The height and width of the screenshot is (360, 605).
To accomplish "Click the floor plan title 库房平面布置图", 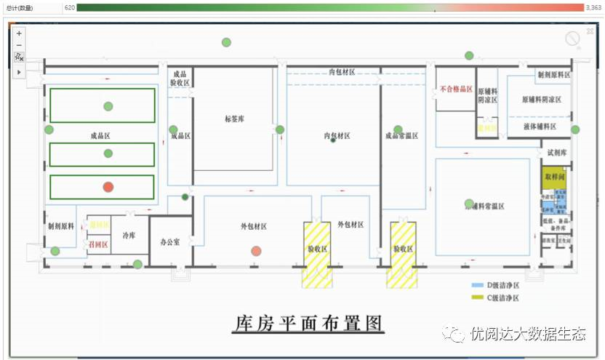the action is point(308,323).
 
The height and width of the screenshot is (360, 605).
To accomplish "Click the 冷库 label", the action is point(129,236).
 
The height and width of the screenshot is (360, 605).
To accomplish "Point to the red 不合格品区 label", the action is point(456,90).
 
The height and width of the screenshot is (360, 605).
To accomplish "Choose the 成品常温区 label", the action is point(403,135).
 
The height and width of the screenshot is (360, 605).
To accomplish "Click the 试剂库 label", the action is point(556,153).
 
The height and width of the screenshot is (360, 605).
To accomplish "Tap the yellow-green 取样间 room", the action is point(553,177).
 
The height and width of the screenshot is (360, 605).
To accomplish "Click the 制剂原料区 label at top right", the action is point(553,75).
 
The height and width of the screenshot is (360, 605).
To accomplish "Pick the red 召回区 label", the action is point(97,245).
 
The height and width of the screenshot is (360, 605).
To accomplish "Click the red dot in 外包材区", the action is point(256,252).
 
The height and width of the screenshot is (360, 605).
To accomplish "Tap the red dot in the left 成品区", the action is point(108,187).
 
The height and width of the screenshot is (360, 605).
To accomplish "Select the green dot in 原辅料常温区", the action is point(469,204).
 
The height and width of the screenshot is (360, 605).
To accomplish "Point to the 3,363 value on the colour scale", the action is point(594,7).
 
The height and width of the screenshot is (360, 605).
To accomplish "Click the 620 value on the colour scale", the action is point(70,7).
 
